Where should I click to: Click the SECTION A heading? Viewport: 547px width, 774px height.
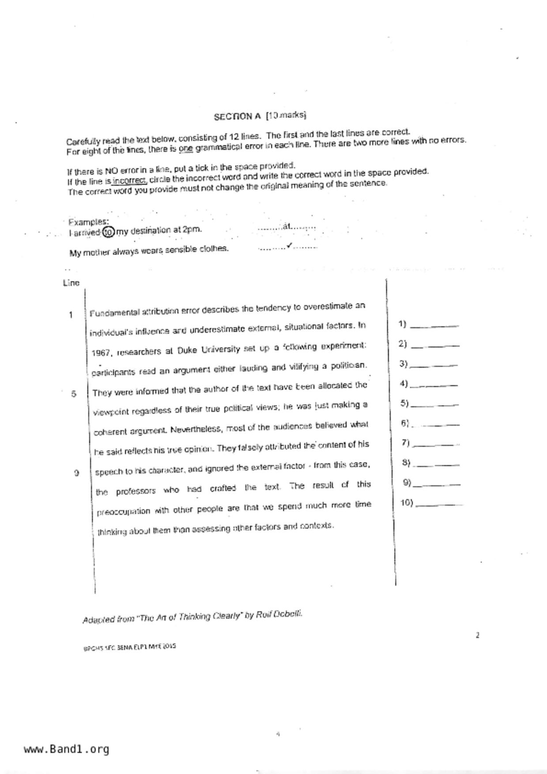[x=237, y=116]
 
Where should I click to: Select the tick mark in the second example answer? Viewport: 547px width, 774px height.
[x=289, y=245]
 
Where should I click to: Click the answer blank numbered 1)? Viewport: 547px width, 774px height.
[x=434, y=326]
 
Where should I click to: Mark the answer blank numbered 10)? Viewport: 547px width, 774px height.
[x=438, y=504]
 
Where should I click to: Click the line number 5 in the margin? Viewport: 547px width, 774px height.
[x=73, y=394]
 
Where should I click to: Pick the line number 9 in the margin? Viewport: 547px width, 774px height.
[x=76, y=473]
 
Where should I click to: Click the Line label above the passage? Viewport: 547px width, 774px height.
[x=71, y=283]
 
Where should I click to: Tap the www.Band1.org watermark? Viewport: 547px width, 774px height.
[x=66, y=749]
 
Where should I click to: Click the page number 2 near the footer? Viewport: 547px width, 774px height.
[x=477, y=635]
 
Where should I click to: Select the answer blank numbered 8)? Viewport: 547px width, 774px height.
[x=437, y=464]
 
